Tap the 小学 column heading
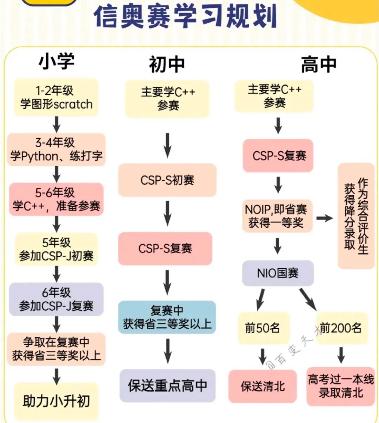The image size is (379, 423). coord(56,61)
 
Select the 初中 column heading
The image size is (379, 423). coord(167,65)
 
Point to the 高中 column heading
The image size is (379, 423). coord(319,65)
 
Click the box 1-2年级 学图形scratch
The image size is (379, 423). coord(56,98)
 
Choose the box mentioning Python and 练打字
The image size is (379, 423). coord(56,149)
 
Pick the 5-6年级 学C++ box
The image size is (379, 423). coord(56,199)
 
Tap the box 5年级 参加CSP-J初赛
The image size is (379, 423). coord(56,249)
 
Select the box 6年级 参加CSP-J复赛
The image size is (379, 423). coord(56,299)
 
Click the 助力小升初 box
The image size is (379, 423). coord(56,401)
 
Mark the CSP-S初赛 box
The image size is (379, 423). coord(167,180)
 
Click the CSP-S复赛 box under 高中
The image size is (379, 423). coord(278,156)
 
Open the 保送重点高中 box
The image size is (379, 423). coord(167,385)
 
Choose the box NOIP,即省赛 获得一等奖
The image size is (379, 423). coord(277,216)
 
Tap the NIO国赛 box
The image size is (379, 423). coord(278,273)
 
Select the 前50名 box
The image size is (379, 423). coord(263,328)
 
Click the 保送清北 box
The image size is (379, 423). coord(262,386)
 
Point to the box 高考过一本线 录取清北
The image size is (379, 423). coord(340,386)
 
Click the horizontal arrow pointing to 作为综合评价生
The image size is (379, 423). coord(325,218)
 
